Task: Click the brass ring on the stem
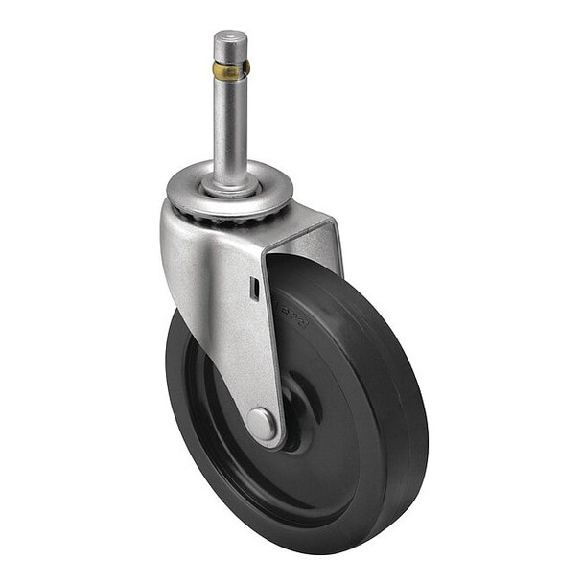(229, 70)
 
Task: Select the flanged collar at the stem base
(230, 183)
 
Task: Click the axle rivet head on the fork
(261, 422)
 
